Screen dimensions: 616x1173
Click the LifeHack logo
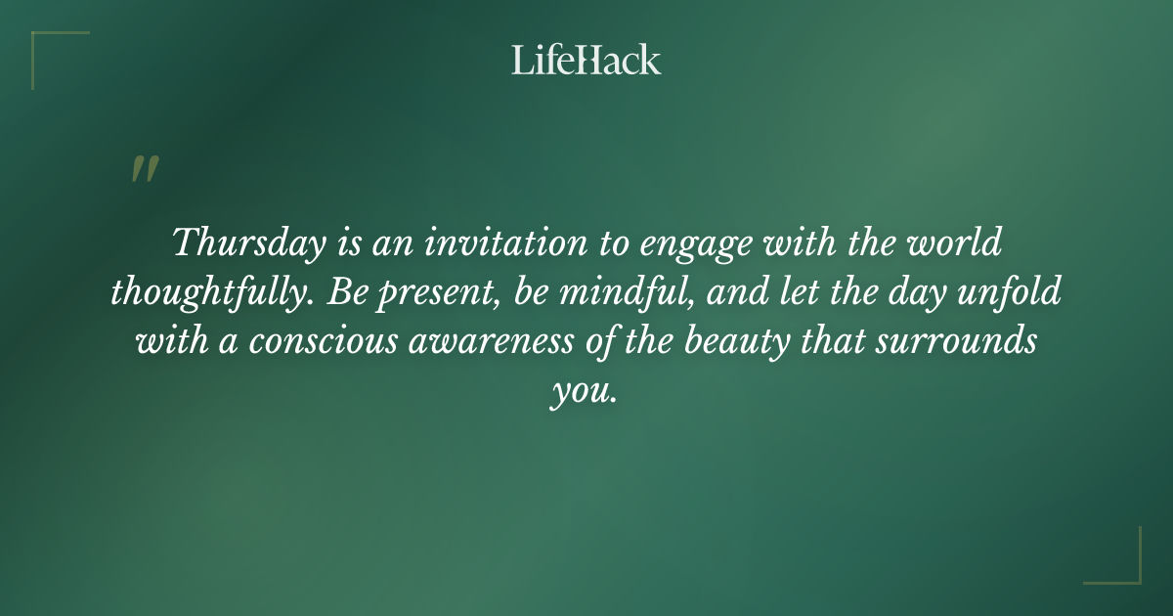pos(586,61)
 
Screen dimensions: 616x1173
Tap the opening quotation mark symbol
pos(144,170)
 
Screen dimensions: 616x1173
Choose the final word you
pos(584,393)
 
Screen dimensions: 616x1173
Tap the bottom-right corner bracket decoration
pos(1123,566)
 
